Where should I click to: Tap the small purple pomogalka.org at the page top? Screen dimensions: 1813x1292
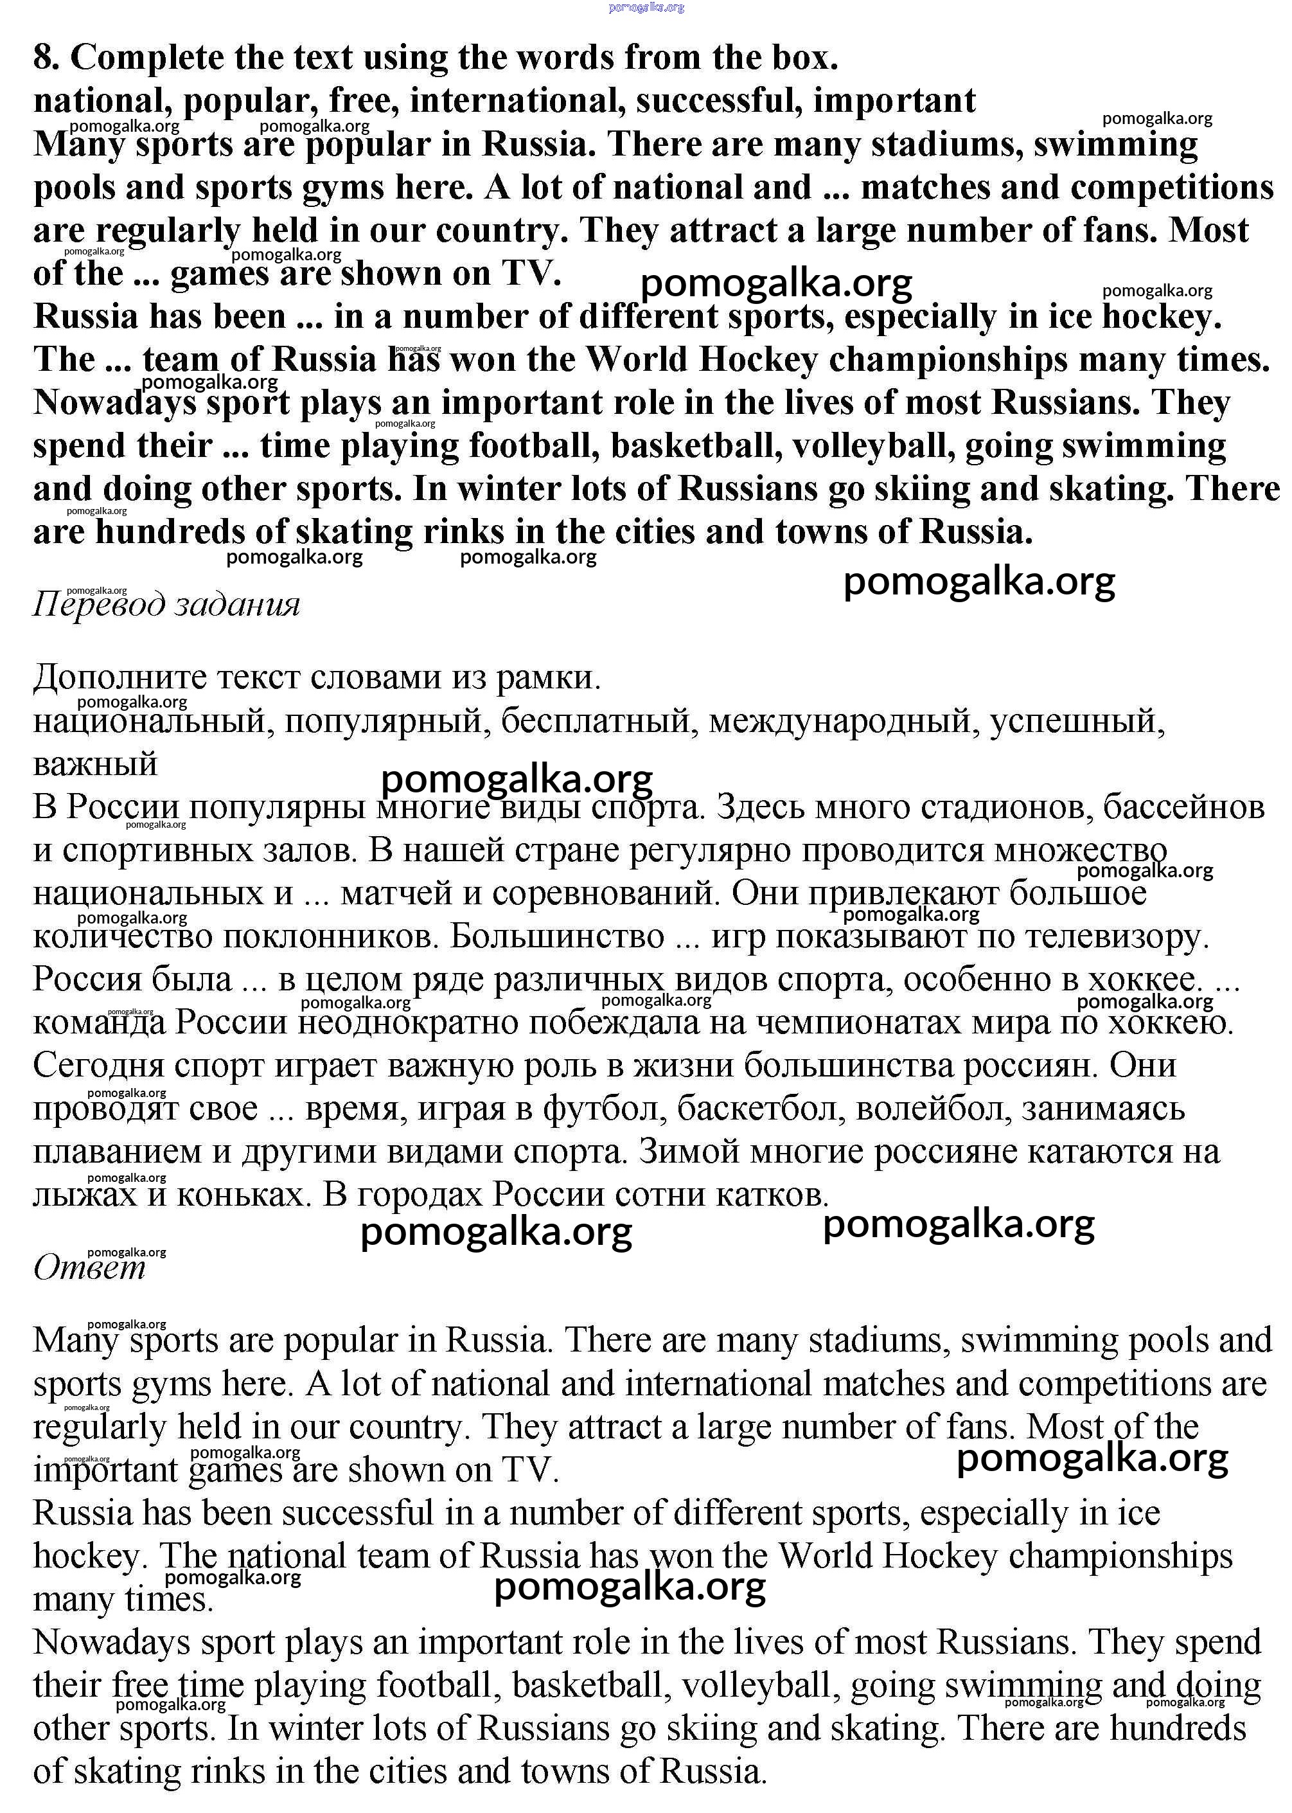click(x=646, y=7)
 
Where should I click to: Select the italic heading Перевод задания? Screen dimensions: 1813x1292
click(x=166, y=605)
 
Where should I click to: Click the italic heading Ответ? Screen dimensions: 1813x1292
click(x=89, y=1267)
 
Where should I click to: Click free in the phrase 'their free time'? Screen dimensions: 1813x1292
click(x=140, y=1685)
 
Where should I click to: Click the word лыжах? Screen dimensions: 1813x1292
click(x=84, y=1195)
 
